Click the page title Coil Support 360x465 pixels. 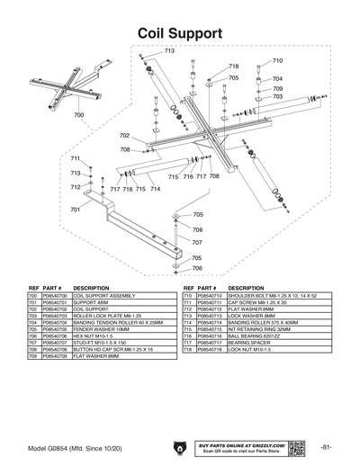click(180, 32)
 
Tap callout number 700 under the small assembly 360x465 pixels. click(78, 116)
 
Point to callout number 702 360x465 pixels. click(124, 136)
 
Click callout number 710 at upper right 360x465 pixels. click(277, 61)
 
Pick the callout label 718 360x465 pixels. click(234, 67)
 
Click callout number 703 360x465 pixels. click(278, 97)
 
